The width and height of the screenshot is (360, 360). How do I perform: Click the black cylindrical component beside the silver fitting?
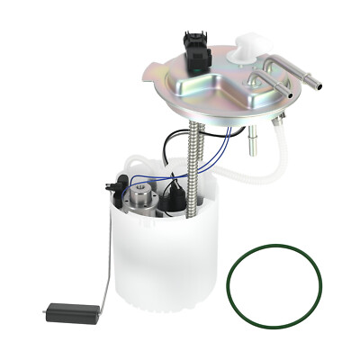coord(174,199)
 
